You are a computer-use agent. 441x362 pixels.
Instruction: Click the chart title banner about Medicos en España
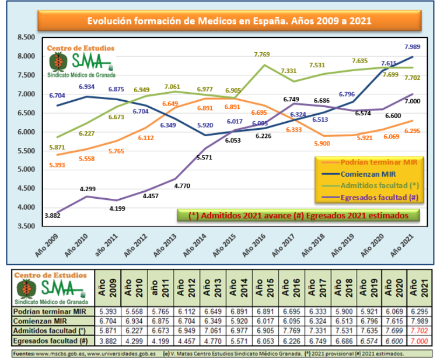coord(229,22)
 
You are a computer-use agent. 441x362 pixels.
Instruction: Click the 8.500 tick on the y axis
coord(26,37)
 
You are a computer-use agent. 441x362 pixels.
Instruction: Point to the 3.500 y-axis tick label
coord(26,226)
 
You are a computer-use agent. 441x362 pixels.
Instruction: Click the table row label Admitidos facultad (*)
coord(51,330)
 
